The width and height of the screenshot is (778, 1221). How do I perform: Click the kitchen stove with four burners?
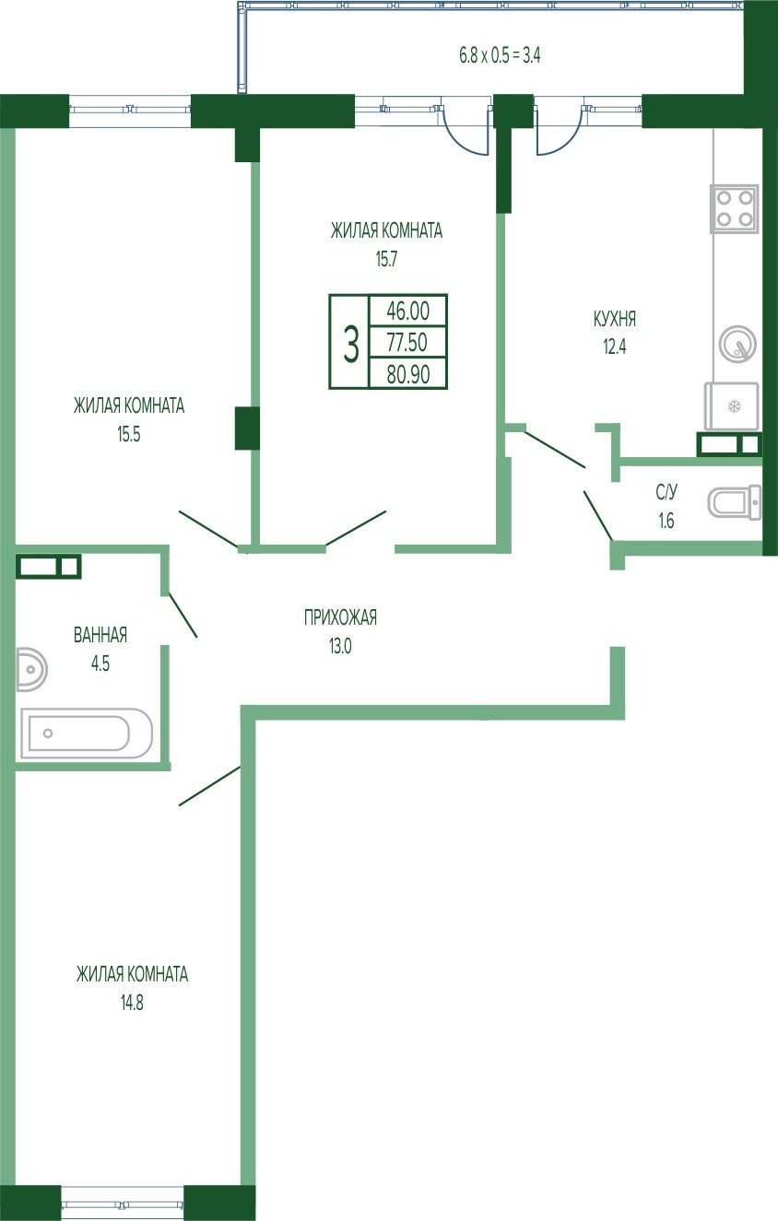[x=734, y=209]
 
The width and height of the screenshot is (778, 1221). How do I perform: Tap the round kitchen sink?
[x=737, y=344]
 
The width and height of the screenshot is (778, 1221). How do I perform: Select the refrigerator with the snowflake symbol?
[x=731, y=406]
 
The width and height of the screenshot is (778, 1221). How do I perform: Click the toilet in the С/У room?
[x=735, y=501]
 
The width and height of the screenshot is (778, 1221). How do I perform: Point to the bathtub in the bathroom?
[x=87, y=734]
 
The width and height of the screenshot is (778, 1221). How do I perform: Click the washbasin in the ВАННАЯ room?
[x=31, y=669]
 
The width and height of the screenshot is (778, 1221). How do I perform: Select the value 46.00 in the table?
[x=407, y=311]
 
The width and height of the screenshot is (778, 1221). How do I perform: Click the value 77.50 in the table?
[x=407, y=342]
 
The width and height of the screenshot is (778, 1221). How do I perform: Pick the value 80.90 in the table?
[x=408, y=374]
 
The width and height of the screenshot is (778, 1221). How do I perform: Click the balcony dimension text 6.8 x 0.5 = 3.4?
[x=500, y=55]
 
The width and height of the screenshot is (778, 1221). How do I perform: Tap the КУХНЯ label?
[x=615, y=319]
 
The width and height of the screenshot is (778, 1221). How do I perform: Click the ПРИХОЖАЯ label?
[x=340, y=617]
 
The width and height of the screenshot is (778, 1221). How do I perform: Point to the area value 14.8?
[x=132, y=1003]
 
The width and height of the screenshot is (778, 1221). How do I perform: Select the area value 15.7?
[x=386, y=260]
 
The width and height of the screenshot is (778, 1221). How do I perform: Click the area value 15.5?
[x=129, y=434]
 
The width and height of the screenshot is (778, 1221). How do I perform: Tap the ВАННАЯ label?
[x=100, y=635]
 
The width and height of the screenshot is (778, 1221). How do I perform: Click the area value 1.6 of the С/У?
[x=666, y=521]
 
